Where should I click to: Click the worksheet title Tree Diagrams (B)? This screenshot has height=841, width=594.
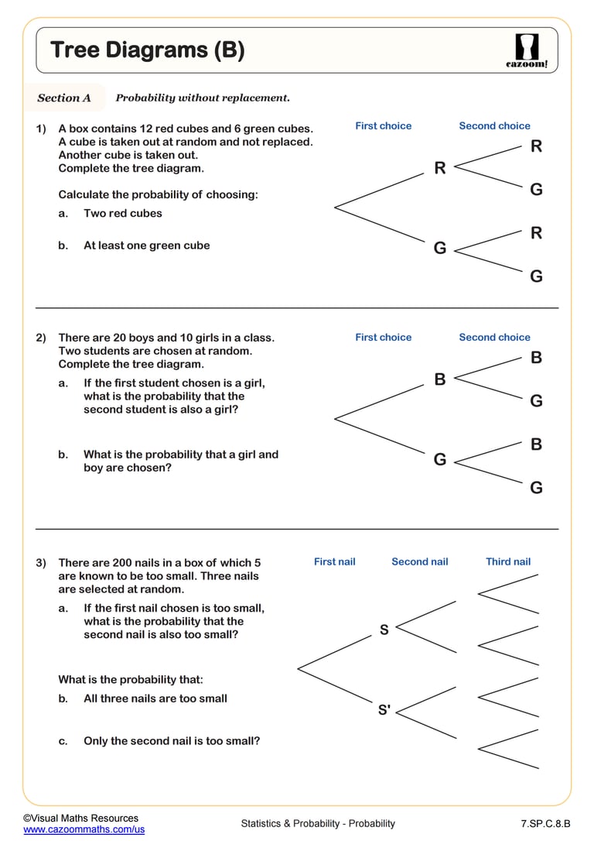[147, 50]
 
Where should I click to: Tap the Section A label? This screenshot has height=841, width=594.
[64, 98]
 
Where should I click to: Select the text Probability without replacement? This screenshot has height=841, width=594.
[203, 98]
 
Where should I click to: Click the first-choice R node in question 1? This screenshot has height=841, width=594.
[440, 168]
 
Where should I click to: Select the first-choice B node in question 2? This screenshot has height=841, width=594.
[440, 379]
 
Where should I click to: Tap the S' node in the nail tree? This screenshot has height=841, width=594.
[384, 709]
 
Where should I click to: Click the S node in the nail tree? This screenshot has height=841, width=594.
[384, 630]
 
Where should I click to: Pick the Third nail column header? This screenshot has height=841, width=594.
[508, 561]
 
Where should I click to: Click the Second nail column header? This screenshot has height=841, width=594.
[419, 561]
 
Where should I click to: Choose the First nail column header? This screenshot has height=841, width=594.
[334, 561]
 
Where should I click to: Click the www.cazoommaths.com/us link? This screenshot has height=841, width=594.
[84, 829]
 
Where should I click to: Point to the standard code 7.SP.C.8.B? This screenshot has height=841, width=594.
[545, 823]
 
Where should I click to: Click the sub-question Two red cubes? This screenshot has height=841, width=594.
[123, 213]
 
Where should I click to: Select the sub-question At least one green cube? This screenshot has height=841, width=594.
[146, 245]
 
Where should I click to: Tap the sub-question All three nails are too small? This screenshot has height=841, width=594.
[155, 699]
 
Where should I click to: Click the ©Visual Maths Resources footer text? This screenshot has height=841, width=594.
[80, 818]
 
